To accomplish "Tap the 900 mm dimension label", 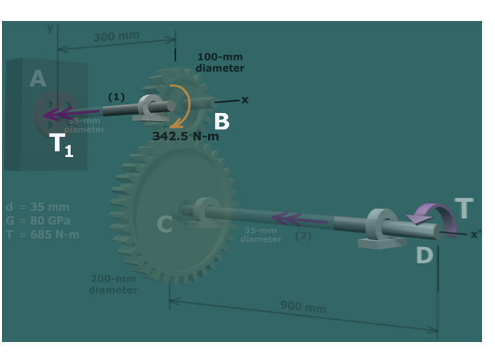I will [303, 306].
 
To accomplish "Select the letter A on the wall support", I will [38, 79].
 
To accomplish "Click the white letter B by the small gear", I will [222, 122].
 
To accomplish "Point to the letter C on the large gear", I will [164, 224].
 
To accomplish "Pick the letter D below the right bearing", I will [424, 254].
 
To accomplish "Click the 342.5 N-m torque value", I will [186, 136].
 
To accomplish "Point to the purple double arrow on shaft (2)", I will [291, 218].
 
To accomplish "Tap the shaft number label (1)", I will [116, 97].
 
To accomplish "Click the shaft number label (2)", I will [303, 236].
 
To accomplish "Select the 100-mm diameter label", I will [220, 62].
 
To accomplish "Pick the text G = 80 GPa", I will [37, 221].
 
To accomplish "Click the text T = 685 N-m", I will [42, 234].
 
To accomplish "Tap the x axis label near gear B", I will [244, 100].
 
